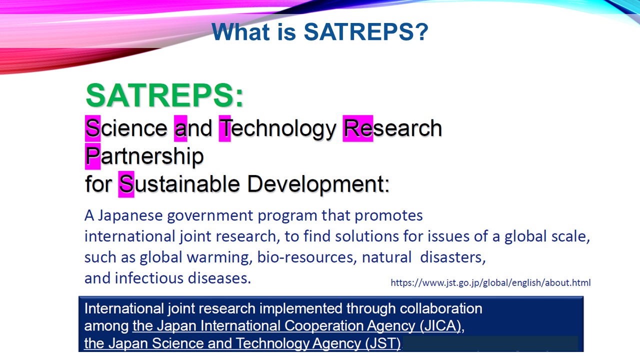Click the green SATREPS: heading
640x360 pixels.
click(x=164, y=95)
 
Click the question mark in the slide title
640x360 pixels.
click(x=421, y=31)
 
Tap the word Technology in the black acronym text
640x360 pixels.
click(x=277, y=129)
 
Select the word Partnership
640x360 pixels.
click(x=144, y=156)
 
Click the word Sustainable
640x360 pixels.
click(x=179, y=183)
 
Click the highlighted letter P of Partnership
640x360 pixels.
click(x=92, y=156)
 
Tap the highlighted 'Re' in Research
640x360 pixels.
click(x=358, y=128)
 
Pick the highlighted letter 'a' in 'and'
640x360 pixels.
click(x=180, y=128)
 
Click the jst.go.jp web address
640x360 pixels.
click(x=490, y=282)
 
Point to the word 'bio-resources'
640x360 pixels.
click(x=307, y=257)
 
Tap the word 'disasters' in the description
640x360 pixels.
click(x=453, y=257)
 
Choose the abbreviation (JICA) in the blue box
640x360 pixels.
click(x=440, y=325)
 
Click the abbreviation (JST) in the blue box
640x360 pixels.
click(x=383, y=343)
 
